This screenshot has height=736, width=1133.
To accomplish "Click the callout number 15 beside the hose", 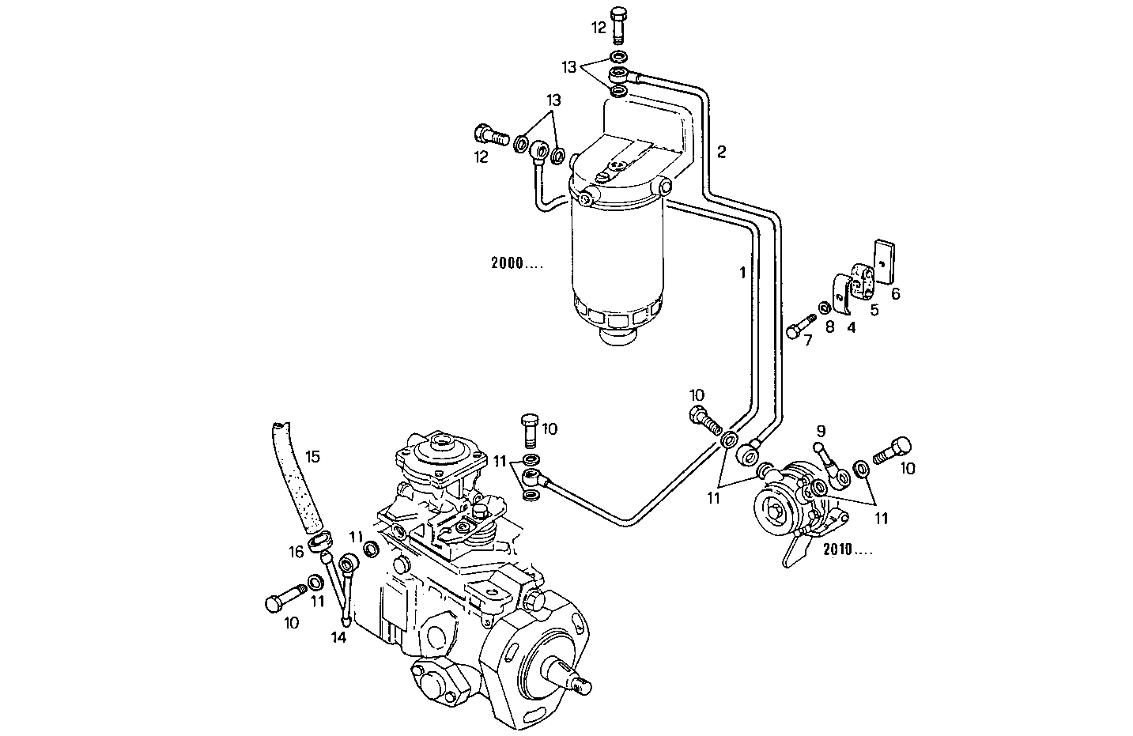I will tap(312, 456).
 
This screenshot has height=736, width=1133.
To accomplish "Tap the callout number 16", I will tap(296, 553).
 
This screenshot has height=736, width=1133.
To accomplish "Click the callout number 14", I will tap(339, 638).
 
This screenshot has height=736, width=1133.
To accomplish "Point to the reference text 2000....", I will tap(516, 264).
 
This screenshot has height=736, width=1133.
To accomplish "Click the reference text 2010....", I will tap(847, 549).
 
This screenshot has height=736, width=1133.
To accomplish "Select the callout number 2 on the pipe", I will tap(721, 152).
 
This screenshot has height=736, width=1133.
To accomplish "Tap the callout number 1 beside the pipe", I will tap(742, 273).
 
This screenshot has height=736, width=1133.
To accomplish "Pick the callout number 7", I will tap(807, 341).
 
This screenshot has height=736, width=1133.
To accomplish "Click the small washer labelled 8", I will tap(824, 307).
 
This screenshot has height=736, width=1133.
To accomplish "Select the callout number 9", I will tap(821, 431).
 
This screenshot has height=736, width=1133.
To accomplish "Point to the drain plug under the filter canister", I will tap(617, 337).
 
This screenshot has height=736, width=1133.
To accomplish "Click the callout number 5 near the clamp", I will tap(874, 310).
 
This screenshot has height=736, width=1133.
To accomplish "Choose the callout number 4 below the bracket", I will tap(851, 326).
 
